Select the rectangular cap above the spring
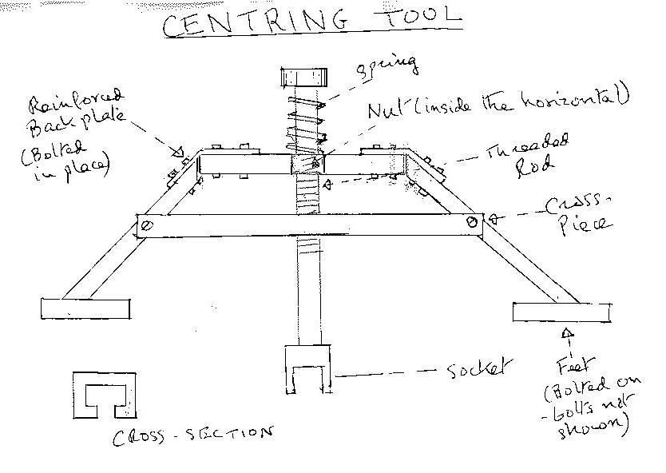[303, 79]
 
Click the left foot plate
[85, 307]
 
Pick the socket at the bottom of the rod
[307, 369]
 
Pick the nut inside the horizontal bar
[307, 163]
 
